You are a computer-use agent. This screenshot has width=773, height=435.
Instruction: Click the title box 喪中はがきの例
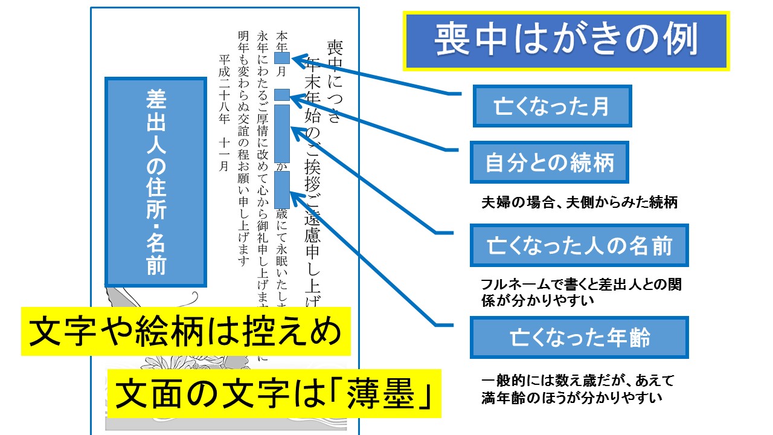pyautogui.click(x=566, y=40)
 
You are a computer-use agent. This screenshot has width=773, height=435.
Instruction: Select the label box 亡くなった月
pyautogui.click(x=552, y=106)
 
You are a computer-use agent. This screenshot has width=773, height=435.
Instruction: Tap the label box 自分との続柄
pyautogui.click(x=550, y=163)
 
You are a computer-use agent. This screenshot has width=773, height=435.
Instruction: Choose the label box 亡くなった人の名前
pyautogui.click(x=579, y=246)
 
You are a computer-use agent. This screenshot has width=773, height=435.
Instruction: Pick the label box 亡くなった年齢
pyautogui.click(x=579, y=338)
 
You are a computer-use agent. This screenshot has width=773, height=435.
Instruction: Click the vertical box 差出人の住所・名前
pyautogui.click(x=156, y=182)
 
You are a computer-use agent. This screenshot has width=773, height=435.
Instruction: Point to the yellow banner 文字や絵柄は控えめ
pyautogui.click(x=186, y=331)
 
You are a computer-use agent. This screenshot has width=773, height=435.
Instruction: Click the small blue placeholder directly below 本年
pyautogui.click(x=282, y=58)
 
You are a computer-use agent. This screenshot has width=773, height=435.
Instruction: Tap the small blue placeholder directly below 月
pyautogui.click(x=282, y=95)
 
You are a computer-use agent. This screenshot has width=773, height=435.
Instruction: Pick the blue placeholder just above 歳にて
pyautogui.click(x=282, y=189)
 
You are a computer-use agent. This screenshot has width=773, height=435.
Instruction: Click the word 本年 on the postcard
pyautogui.click(x=281, y=40)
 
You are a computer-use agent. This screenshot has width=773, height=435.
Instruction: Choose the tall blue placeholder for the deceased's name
pyautogui.click(x=282, y=133)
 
